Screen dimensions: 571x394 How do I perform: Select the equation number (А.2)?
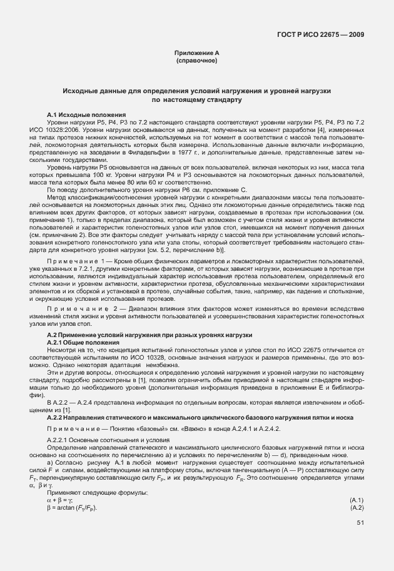[356, 507]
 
